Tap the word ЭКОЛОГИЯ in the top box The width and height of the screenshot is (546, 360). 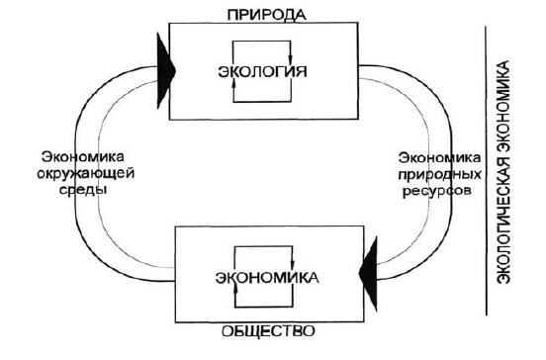point(262,72)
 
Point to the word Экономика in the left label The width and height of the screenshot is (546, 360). point(83,156)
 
